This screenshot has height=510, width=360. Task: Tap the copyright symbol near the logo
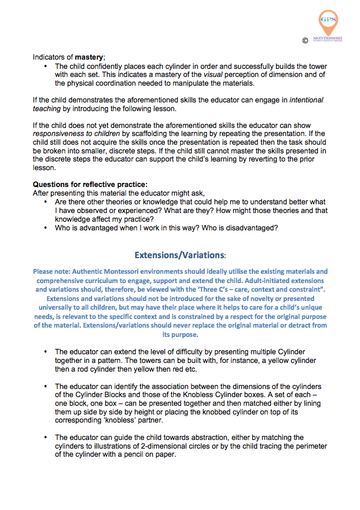[305, 41]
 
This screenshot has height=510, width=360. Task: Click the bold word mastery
[87, 58]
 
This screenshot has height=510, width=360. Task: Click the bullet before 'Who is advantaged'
[46, 228]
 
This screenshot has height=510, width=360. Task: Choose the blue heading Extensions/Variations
[180, 255]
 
